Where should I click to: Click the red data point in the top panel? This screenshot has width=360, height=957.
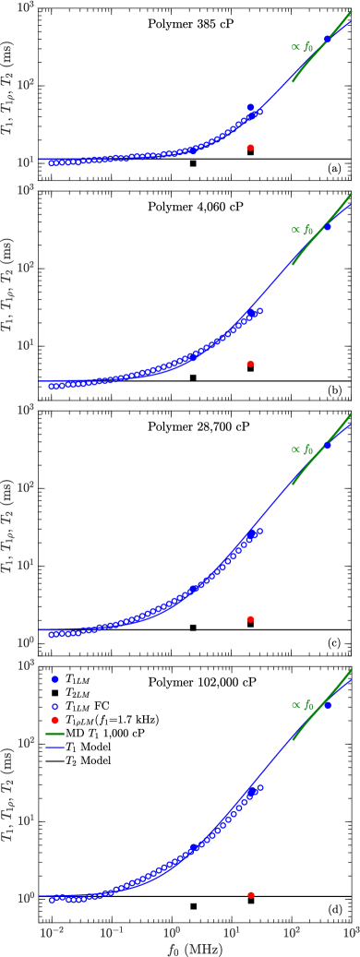pyautogui.click(x=250, y=148)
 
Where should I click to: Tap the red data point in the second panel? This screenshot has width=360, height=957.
pyautogui.click(x=250, y=364)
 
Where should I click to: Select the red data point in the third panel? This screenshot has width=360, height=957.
pyautogui.click(x=250, y=619)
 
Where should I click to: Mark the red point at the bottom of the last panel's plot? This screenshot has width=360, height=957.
pyautogui.click(x=250, y=895)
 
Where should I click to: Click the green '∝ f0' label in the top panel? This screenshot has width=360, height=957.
pyautogui.click(x=302, y=46)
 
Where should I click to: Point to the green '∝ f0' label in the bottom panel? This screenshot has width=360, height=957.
pyautogui.click(x=302, y=705)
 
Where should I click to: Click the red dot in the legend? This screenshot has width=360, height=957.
pyautogui.click(x=54, y=720)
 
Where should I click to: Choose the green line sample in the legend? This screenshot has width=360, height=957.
pyautogui.click(x=54, y=734)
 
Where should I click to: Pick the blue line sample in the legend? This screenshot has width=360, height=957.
pyautogui.click(x=54, y=748)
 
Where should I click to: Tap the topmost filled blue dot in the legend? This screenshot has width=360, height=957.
pyautogui.click(x=54, y=679)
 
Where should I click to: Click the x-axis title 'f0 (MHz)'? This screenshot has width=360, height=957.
pyautogui.click(x=195, y=948)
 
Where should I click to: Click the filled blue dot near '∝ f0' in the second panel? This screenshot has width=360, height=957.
pyautogui.click(x=328, y=227)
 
